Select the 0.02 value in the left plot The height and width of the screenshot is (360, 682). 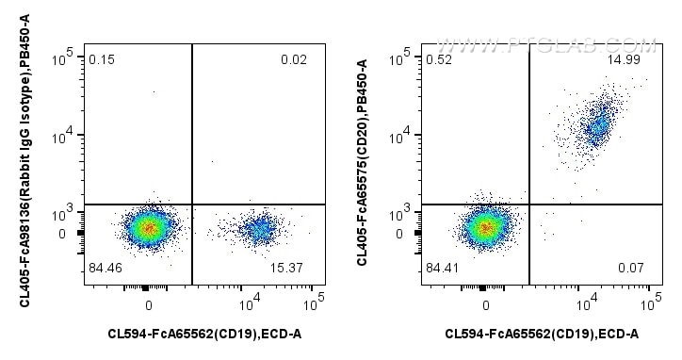pyautogui.click(x=293, y=60)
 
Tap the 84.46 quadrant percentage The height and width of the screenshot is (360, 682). pyautogui.click(x=106, y=270)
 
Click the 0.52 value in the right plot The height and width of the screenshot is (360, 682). pyautogui.click(x=437, y=60)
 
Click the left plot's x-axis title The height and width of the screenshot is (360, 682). pyautogui.click(x=204, y=333)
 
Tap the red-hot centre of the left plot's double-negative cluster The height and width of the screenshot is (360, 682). pyautogui.click(x=146, y=227)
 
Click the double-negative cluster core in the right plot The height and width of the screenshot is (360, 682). pyautogui.click(x=484, y=227)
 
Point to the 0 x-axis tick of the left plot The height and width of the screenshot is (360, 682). pyautogui.click(x=149, y=304)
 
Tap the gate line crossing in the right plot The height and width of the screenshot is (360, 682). pyautogui.click(x=529, y=204)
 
